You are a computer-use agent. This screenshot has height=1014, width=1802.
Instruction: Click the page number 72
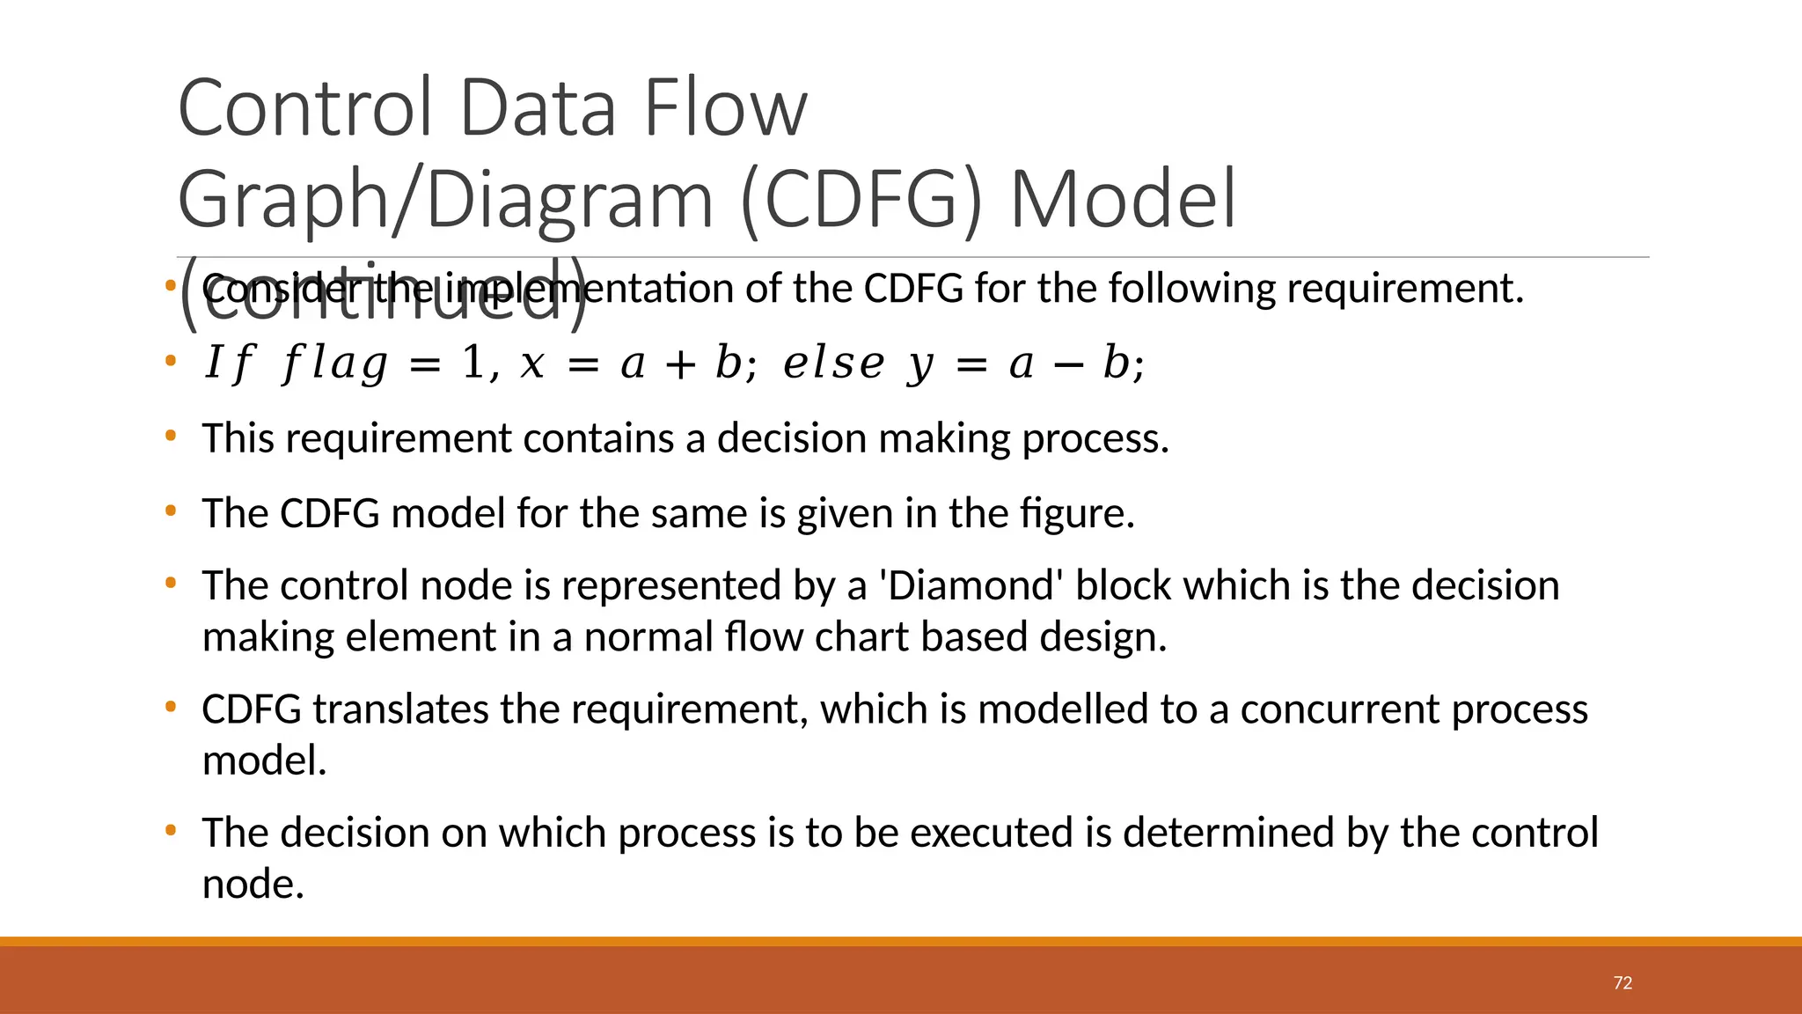pyautogui.click(x=1623, y=983)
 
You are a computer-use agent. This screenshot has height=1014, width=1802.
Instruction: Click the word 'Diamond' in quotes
pyautogui.click(x=971, y=586)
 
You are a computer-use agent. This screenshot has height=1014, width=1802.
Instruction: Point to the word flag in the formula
pyautogui.click(x=334, y=364)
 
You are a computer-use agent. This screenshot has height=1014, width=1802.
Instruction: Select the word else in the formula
pyautogui.click(x=833, y=364)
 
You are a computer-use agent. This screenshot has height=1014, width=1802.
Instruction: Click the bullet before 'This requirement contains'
pyautogui.click(x=171, y=436)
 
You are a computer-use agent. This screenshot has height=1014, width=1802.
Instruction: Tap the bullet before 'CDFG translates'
pyautogui.click(x=171, y=707)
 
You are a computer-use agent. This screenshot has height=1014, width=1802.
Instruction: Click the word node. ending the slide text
pyautogui.click(x=253, y=885)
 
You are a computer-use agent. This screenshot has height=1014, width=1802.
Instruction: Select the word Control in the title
pyautogui.click(x=304, y=108)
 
